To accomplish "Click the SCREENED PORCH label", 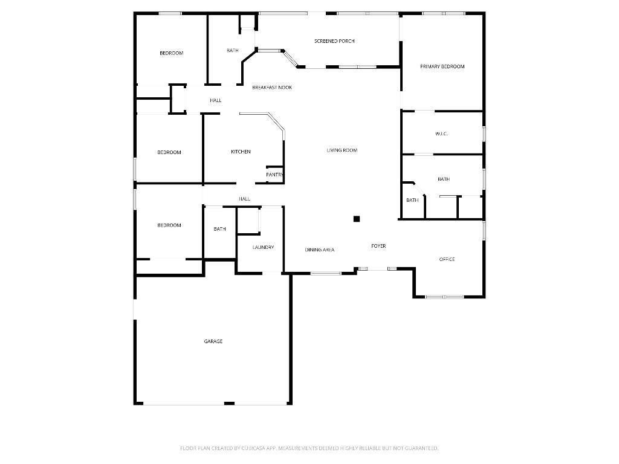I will tap(334, 41).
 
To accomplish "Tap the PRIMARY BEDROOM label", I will tap(442, 66).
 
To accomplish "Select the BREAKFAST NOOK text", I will tap(272, 88).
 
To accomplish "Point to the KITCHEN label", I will tap(241, 152).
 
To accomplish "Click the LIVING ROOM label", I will tap(342, 150).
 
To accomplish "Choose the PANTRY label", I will tap(274, 175).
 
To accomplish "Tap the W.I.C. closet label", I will tap(441, 134).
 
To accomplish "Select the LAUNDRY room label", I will tap(263, 247).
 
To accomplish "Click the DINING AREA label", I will tap(319, 250).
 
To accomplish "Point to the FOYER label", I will tap(378, 246).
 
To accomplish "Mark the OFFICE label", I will tap(447, 259).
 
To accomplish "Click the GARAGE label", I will tap(213, 341).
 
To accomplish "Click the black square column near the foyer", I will tap(357, 219).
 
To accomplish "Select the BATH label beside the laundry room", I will tap(219, 229).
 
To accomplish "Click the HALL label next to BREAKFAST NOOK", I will tap(215, 100).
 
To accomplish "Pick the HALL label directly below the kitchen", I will tap(244, 199).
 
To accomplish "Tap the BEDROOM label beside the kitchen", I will tap(169, 152).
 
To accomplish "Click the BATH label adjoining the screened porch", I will tap(233, 50).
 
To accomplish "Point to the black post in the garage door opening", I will tap(229, 403).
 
